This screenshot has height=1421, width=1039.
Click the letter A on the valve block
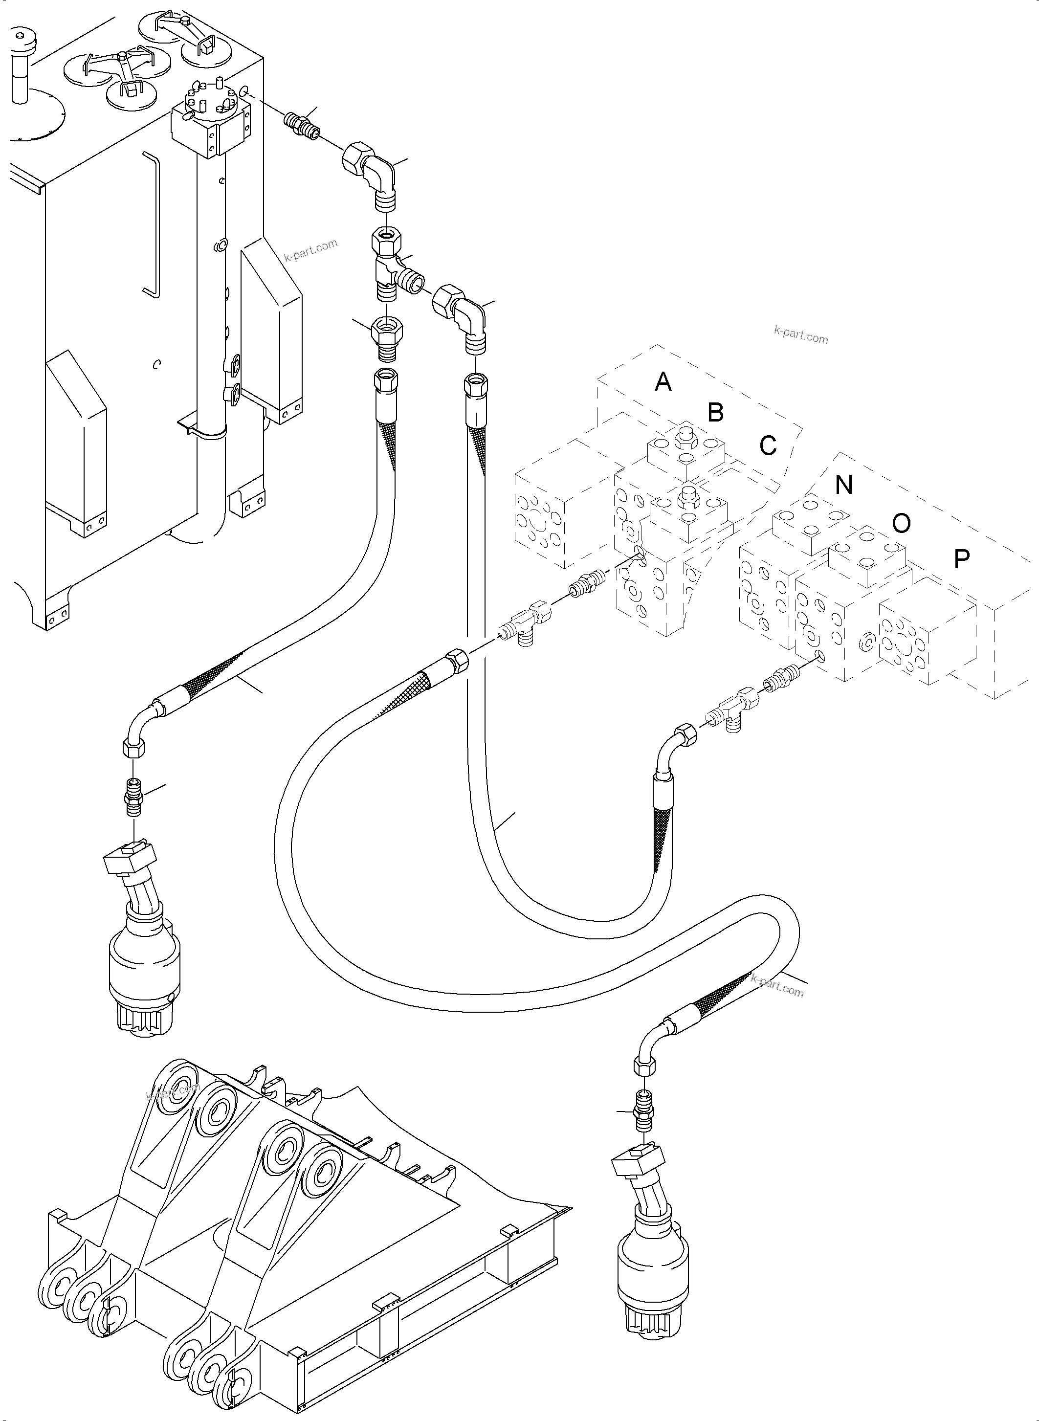point(663,381)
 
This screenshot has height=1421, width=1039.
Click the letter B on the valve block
point(716,413)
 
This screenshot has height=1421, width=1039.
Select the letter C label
point(768,445)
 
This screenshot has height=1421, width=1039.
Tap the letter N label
point(844,485)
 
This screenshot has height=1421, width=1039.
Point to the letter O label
point(901,523)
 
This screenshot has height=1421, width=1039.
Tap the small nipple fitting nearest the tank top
point(303,123)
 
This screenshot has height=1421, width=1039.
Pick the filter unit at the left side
point(145,962)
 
